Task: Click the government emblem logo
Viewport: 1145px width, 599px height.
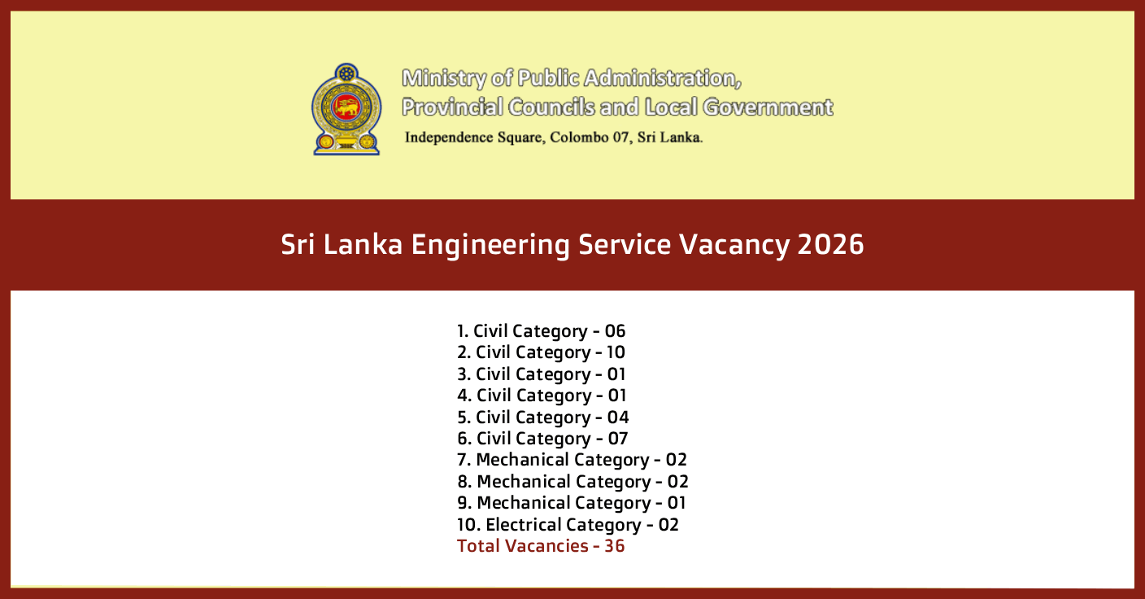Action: [x=346, y=109]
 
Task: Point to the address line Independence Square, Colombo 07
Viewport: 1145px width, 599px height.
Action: [x=553, y=137]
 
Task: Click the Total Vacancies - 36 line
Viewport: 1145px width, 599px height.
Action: [x=541, y=545]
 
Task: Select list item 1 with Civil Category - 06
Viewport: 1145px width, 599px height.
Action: [x=541, y=331]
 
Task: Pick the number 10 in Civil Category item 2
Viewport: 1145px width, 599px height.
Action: [x=616, y=352]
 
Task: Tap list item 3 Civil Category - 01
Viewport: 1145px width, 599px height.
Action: [x=541, y=374]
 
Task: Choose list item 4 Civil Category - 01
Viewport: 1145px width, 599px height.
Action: [x=542, y=396]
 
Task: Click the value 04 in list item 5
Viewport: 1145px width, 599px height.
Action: [x=618, y=418]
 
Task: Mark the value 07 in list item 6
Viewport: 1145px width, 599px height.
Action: [x=618, y=439]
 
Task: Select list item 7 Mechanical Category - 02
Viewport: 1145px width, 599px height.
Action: [x=572, y=460]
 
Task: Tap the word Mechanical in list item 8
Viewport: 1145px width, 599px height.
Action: [x=524, y=482]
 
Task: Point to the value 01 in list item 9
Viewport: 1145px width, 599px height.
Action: [x=677, y=503]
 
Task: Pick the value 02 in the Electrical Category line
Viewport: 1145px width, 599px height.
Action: [x=668, y=525]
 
